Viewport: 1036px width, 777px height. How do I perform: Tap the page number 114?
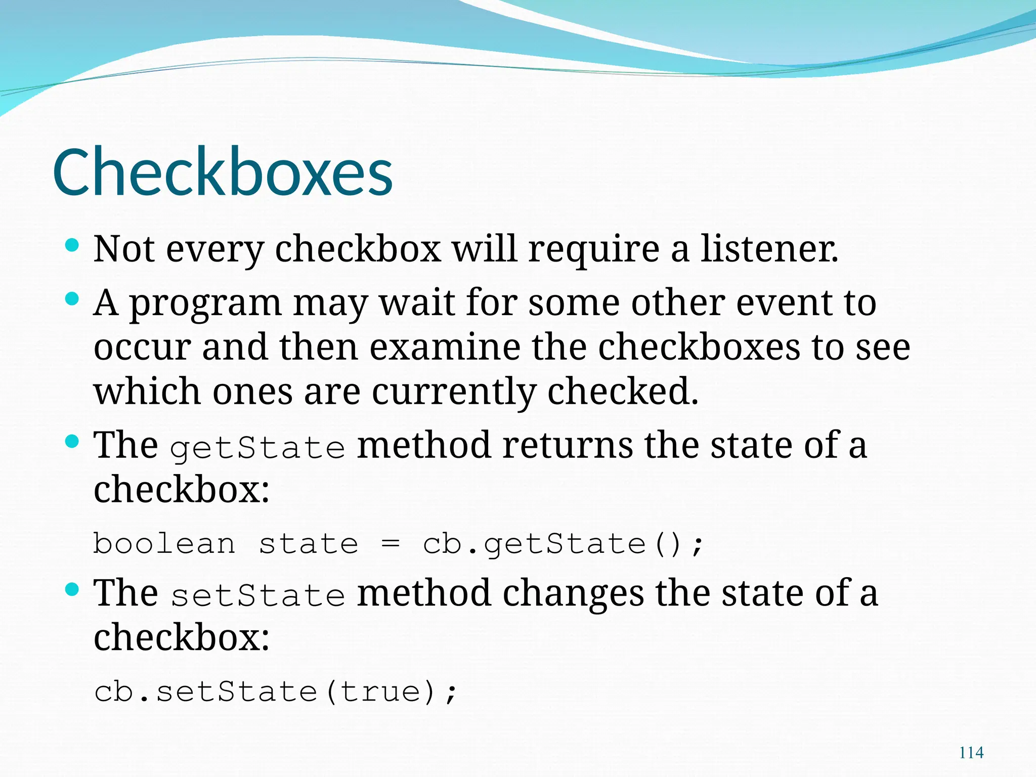click(x=971, y=753)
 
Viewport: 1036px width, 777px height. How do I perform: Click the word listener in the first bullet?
click(x=769, y=249)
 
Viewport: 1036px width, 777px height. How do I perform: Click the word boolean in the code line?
click(x=164, y=544)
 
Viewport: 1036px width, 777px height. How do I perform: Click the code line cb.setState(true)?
click(x=276, y=692)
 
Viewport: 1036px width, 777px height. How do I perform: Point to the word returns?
click(x=568, y=445)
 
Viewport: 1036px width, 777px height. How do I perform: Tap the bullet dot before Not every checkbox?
click(x=72, y=246)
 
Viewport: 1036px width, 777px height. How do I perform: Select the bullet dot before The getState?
click(x=72, y=442)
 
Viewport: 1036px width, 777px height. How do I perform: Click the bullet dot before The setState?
click(x=72, y=590)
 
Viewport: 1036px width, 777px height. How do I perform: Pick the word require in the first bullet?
click(x=594, y=250)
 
